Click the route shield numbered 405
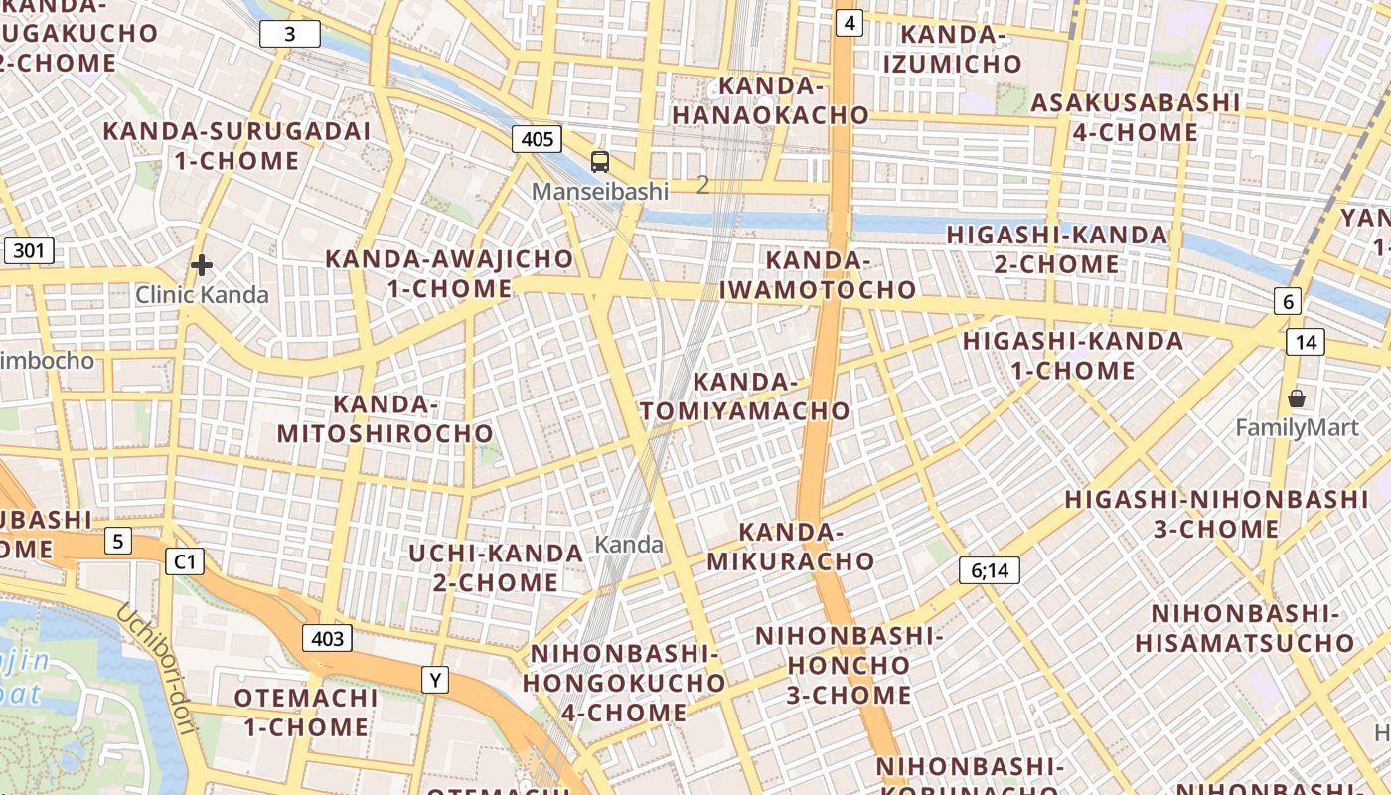pos(537,138)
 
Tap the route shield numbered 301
pos(29,250)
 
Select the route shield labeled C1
pos(185,562)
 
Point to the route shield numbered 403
pos(327,638)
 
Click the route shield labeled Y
pos(435,680)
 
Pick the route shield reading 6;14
pos(989,570)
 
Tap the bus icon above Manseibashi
pos(600,161)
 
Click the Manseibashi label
pos(600,191)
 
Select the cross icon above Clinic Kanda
pos(202,265)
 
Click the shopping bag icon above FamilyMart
pos(1297,399)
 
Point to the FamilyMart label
pos(1297,428)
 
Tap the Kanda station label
pos(629,544)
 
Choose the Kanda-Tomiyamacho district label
pos(745,397)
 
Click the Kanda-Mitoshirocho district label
pos(386,419)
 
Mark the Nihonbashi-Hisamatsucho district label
pos(1245,627)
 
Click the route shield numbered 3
pos(290,35)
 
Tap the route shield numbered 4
pos(849,22)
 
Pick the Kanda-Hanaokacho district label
pos(771,100)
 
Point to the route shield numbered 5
pos(118,542)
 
